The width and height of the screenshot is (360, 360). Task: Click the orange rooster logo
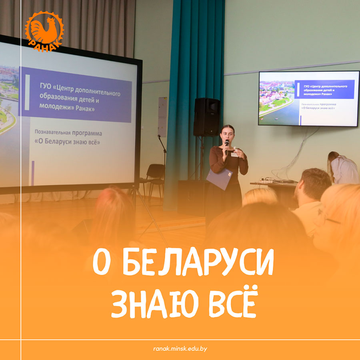coord(44,31)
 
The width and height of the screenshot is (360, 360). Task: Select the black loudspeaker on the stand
coord(207,117)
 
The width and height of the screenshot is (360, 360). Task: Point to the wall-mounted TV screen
coord(309,98)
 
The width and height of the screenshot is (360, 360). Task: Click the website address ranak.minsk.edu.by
coord(180,349)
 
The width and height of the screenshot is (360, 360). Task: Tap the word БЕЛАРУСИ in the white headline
coord(198,262)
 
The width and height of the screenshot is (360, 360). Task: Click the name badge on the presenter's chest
coord(234,155)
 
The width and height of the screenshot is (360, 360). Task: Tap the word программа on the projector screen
coord(87,133)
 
